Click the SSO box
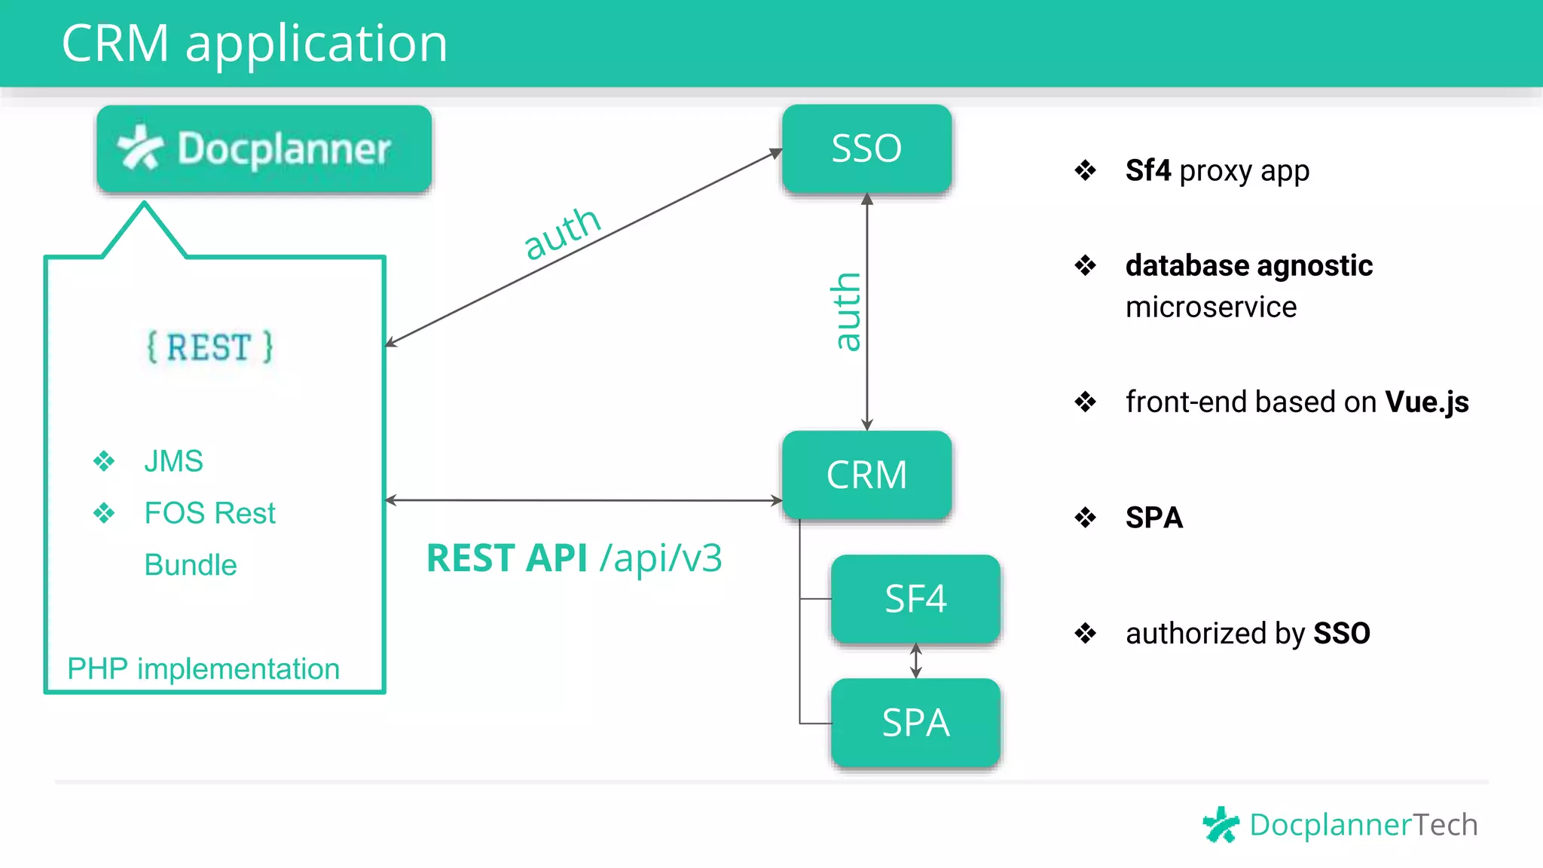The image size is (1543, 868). click(x=866, y=148)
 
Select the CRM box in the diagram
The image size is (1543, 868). click(x=866, y=475)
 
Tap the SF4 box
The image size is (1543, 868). click(x=915, y=599)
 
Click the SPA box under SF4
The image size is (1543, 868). click(x=915, y=723)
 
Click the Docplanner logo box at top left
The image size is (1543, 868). click(x=264, y=148)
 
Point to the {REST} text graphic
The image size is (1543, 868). click(x=209, y=347)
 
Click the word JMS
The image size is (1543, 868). click(x=173, y=461)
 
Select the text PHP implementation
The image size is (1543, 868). click(x=203, y=669)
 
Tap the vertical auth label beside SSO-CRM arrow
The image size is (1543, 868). click(x=847, y=312)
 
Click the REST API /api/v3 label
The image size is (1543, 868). click(x=574, y=558)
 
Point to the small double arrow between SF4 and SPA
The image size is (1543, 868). click(x=915, y=661)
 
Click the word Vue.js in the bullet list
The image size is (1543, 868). click(x=1426, y=402)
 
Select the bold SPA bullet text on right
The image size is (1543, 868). click(x=1153, y=518)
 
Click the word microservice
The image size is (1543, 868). click(x=1211, y=307)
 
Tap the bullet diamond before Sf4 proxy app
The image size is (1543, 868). click(x=1085, y=170)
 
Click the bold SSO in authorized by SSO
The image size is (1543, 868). click(x=1341, y=634)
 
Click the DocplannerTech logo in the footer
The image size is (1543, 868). click(x=1340, y=824)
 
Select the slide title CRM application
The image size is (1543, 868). click(x=255, y=43)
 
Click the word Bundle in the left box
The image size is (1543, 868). click(x=191, y=565)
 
